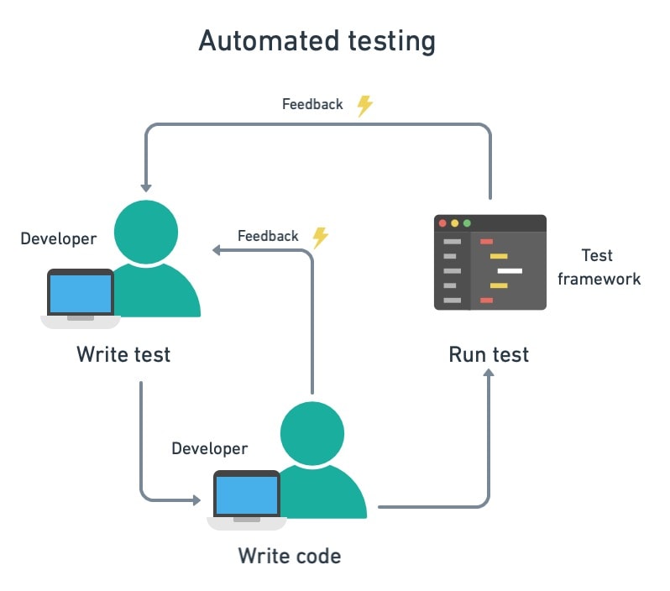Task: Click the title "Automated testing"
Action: (x=317, y=41)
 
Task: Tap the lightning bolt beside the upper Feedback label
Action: (x=364, y=105)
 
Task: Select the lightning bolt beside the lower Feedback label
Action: (x=320, y=238)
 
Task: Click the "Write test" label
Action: (x=123, y=354)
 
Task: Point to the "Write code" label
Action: (x=290, y=556)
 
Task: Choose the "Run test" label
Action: (x=489, y=354)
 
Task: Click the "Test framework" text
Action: (x=599, y=267)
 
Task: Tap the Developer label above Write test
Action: (x=59, y=239)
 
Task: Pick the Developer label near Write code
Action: (x=210, y=448)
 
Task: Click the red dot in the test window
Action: (x=442, y=223)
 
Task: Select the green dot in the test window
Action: (x=467, y=223)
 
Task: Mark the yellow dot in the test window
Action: (x=455, y=223)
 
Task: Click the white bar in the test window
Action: (x=510, y=271)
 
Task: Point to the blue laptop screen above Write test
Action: (x=80, y=294)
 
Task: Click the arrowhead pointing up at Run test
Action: (x=489, y=374)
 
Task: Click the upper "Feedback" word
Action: (x=312, y=105)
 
